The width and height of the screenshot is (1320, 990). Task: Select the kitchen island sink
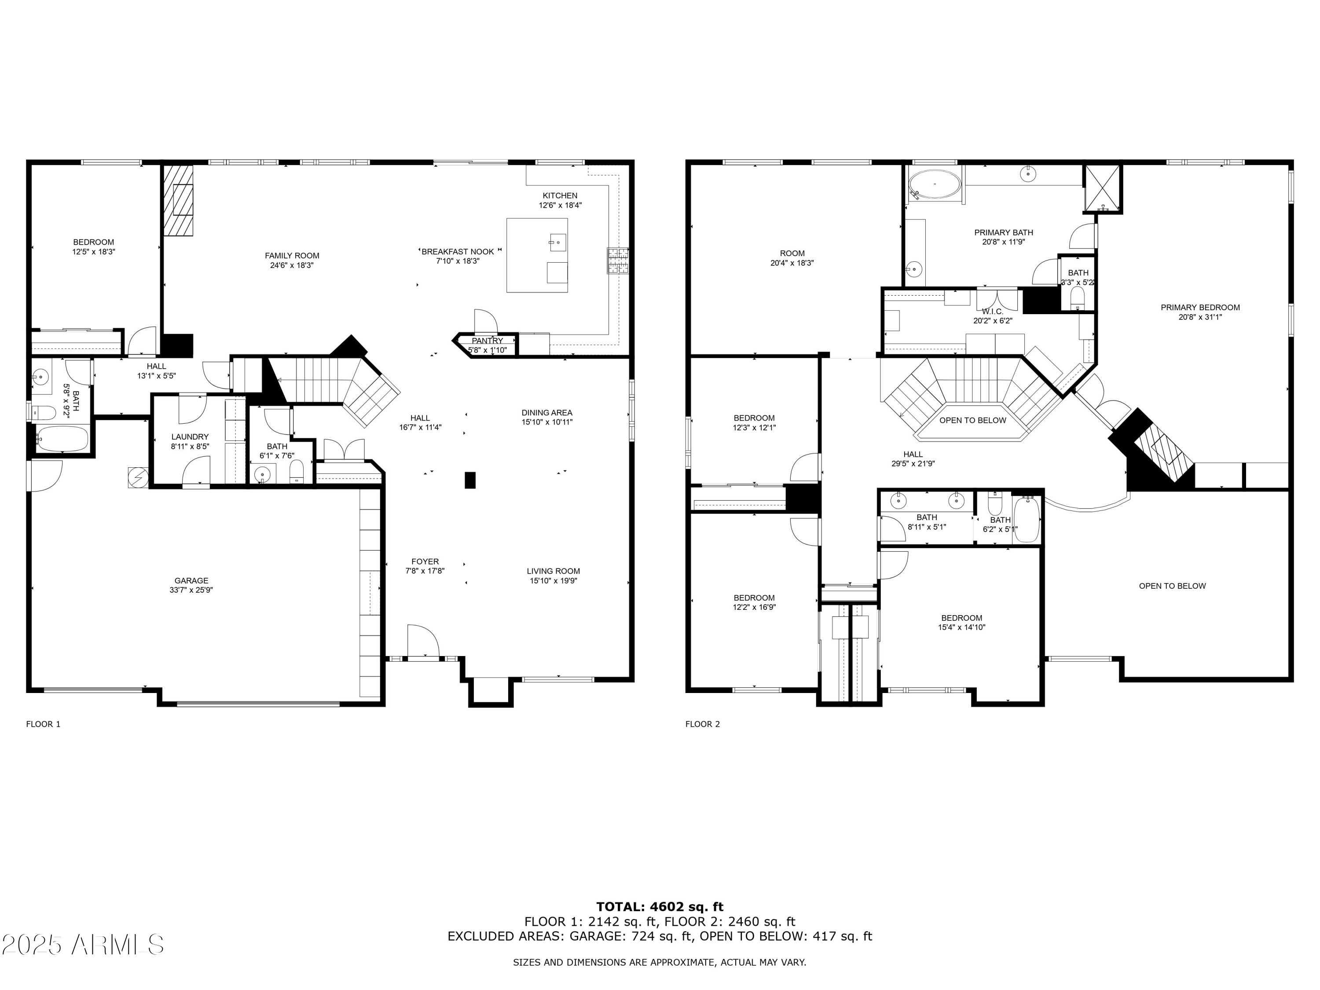[557, 243]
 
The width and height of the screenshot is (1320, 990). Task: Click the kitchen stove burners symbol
[618, 261]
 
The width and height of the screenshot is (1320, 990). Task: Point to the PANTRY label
[487, 341]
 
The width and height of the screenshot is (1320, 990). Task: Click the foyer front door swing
[423, 641]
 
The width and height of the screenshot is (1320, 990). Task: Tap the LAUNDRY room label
[190, 437]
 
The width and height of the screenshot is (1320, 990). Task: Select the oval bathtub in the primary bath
[935, 184]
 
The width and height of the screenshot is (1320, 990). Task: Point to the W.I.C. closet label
[992, 312]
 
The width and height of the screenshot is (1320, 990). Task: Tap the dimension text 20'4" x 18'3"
[792, 263]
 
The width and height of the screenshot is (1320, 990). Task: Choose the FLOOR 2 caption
[702, 724]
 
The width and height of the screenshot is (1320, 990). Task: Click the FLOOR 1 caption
[43, 724]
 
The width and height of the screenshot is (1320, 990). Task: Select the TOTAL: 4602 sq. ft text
[660, 907]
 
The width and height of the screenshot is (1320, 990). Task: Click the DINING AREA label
[546, 412]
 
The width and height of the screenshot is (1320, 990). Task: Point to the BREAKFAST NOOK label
[457, 252]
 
